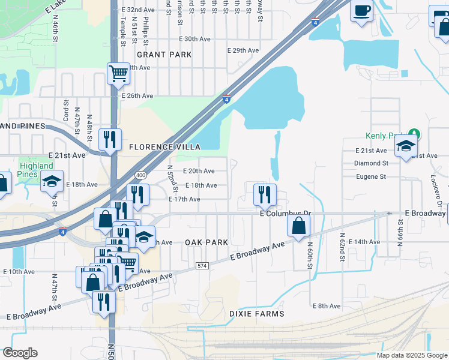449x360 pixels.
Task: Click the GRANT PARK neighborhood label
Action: point(164,55)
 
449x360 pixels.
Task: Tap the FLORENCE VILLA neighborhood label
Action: point(163,147)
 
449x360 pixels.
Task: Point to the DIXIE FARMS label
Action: point(256,314)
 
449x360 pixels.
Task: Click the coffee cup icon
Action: point(362,11)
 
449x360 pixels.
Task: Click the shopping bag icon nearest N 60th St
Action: point(298,226)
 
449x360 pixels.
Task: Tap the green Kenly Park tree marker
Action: point(413,133)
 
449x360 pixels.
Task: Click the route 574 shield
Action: point(202,265)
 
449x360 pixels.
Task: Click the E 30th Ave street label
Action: point(195,39)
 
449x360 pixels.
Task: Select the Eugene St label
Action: point(370,177)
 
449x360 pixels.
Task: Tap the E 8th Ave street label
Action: point(327,306)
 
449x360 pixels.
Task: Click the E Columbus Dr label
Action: point(286,214)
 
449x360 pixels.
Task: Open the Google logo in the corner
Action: point(20,353)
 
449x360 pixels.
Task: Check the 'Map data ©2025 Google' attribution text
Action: point(411,355)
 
